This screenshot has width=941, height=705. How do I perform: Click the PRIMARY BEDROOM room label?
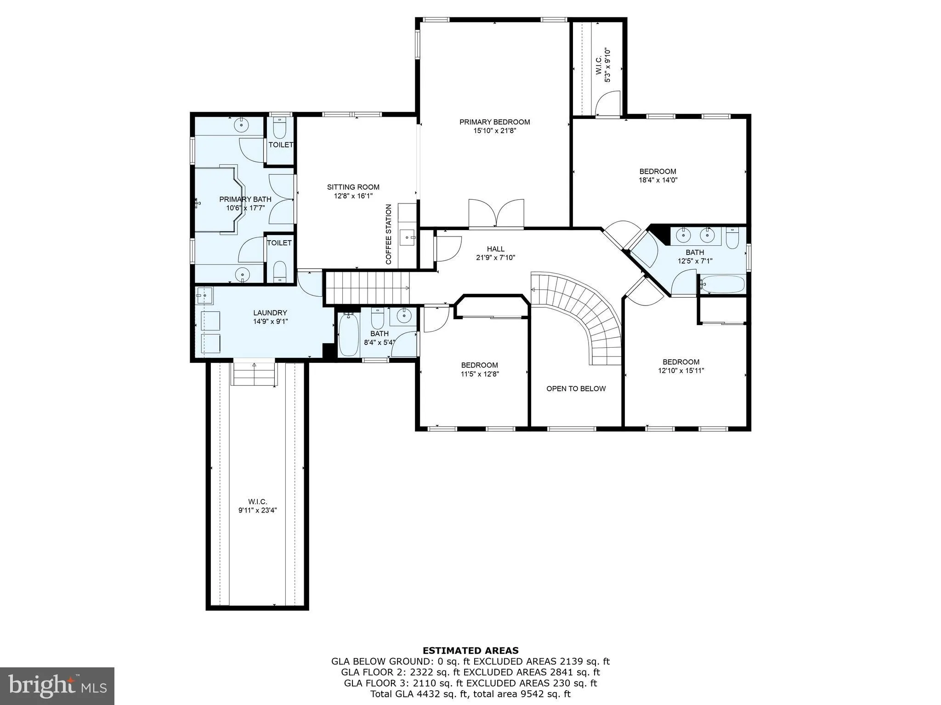[x=494, y=122]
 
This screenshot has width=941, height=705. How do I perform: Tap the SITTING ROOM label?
[x=353, y=187]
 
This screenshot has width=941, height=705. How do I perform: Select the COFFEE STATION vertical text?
[x=389, y=234]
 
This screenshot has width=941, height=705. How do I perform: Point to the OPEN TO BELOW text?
[x=576, y=389]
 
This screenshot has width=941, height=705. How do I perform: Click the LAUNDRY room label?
[x=270, y=313]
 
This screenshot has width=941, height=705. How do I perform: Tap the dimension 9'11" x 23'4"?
[x=257, y=510]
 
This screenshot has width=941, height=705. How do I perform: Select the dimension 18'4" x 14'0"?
[x=658, y=180]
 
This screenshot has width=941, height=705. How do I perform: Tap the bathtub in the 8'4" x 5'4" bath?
[x=349, y=334]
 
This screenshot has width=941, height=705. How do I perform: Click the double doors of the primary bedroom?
[x=496, y=214]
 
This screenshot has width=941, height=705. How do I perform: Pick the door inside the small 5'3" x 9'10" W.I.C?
[x=608, y=104]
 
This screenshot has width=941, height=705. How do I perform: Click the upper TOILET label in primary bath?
[x=281, y=145]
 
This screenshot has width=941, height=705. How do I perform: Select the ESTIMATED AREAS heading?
[x=470, y=650]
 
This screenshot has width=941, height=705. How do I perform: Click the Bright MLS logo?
[x=57, y=686]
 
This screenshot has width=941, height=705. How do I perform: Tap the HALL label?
[x=495, y=249]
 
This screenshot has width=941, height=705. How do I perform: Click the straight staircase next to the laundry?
[x=368, y=288]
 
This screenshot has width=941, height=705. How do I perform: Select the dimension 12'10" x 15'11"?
[x=680, y=371]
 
